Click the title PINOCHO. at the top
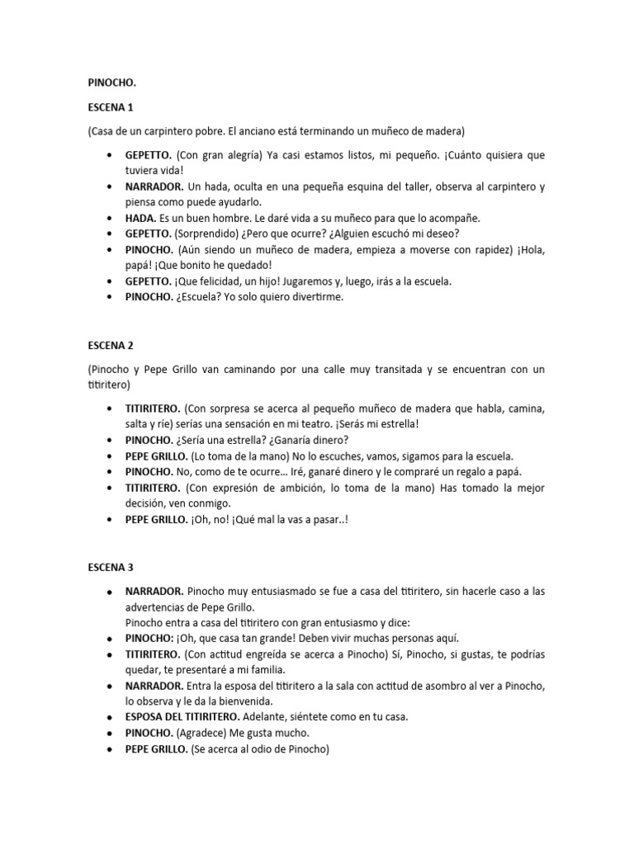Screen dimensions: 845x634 pos(112,83)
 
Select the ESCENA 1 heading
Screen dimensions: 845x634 pos(111,107)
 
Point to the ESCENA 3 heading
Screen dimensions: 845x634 pos(111,568)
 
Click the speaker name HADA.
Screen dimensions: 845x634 pos(140,218)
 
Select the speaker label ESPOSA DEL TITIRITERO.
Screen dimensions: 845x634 pos(193,716)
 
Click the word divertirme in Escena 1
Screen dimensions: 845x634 pos(314,297)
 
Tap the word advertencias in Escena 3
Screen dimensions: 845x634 pos(158,607)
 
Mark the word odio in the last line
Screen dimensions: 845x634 pos(266,748)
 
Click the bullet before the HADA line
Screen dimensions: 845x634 pos(109,219)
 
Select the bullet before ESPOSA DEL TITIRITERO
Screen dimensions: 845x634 pos(109,717)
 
